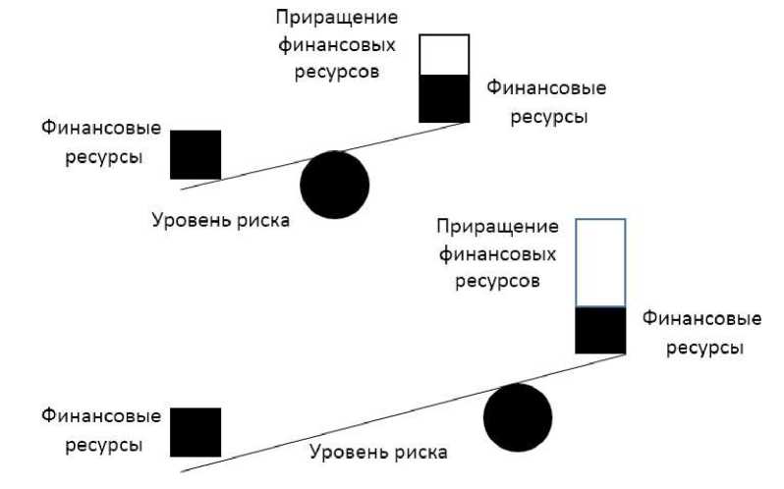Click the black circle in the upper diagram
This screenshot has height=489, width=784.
click(x=334, y=185)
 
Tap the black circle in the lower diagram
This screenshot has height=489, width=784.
click(x=518, y=417)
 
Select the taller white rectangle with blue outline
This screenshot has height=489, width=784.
click(x=600, y=262)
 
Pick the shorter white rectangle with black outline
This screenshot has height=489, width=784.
click(x=444, y=55)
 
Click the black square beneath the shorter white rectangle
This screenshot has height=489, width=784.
click(x=444, y=98)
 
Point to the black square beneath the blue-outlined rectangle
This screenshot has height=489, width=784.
click(x=600, y=330)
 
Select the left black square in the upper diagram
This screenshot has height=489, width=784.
click(x=196, y=154)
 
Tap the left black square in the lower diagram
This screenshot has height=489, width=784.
click(x=196, y=432)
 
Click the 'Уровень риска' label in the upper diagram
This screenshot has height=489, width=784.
click(x=221, y=220)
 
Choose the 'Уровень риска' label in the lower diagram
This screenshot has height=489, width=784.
click(x=378, y=453)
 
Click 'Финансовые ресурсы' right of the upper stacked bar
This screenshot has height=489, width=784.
click(x=546, y=102)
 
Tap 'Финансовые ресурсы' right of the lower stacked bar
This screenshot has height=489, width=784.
click(x=701, y=334)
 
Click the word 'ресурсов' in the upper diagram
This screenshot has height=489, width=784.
click(x=337, y=73)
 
